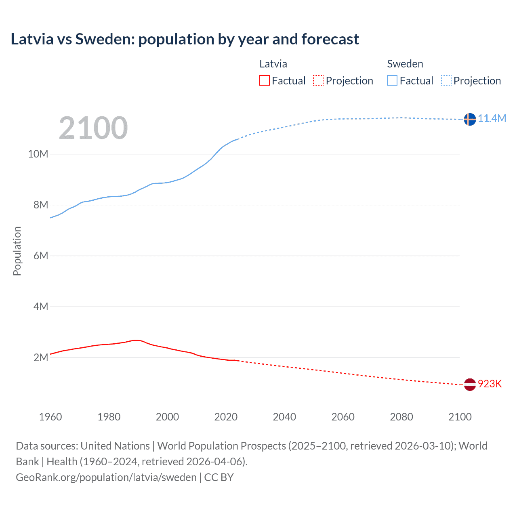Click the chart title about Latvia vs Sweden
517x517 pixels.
185,39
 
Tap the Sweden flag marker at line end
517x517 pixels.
469,119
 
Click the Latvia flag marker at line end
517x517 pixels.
469,385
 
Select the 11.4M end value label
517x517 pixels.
492,118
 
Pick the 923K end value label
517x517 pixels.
490,384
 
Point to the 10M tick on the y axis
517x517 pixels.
38,154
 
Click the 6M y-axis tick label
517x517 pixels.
41,256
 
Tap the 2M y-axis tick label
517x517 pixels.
41,357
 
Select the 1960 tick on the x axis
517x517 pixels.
50,417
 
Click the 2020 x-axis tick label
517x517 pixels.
226,417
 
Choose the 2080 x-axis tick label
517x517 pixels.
401,417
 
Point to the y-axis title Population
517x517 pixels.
17,251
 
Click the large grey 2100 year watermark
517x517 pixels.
93,128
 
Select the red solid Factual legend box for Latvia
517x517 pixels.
264,80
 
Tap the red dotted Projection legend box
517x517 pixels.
318,80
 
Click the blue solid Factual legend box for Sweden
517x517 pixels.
392,80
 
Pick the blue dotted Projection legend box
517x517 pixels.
446,80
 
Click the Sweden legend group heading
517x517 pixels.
405,64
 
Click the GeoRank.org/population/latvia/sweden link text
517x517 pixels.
106,477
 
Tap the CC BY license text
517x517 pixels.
219,477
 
